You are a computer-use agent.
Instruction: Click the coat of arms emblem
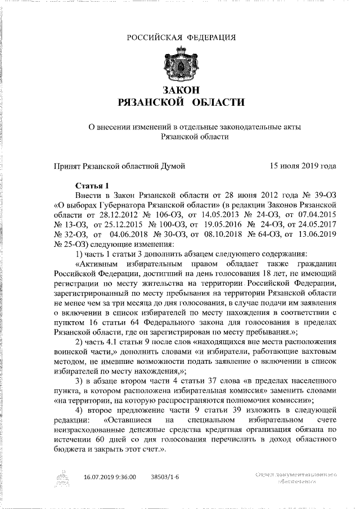181,66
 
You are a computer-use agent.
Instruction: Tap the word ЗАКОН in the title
181,90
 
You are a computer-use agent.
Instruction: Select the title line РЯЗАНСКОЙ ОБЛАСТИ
181,102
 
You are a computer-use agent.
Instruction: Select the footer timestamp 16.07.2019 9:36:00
110,476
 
